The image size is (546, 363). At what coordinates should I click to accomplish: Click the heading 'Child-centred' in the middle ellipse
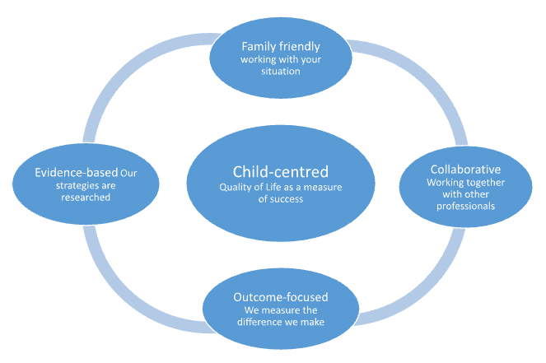tap(281, 171)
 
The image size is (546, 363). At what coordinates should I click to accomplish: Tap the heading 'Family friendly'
tap(281, 47)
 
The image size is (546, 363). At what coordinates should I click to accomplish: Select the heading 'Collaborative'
tap(465, 170)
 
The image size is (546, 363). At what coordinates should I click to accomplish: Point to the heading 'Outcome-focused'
tap(281, 297)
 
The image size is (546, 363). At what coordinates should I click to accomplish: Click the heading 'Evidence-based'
tap(77, 173)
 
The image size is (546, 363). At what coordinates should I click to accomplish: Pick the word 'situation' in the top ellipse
tap(281, 72)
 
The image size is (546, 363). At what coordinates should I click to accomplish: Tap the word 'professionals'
tap(465, 207)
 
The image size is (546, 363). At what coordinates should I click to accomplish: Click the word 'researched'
tap(86, 198)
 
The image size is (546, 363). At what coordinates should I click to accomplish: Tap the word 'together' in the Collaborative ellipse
tap(485, 183)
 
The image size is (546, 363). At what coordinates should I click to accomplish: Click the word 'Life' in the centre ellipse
tap(273, 187)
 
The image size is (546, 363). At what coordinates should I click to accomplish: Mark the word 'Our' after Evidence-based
tap(128, 173)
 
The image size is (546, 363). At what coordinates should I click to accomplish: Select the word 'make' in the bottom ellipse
tap(312, 322)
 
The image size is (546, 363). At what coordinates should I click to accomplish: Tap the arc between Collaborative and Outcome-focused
tap(427, 292)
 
